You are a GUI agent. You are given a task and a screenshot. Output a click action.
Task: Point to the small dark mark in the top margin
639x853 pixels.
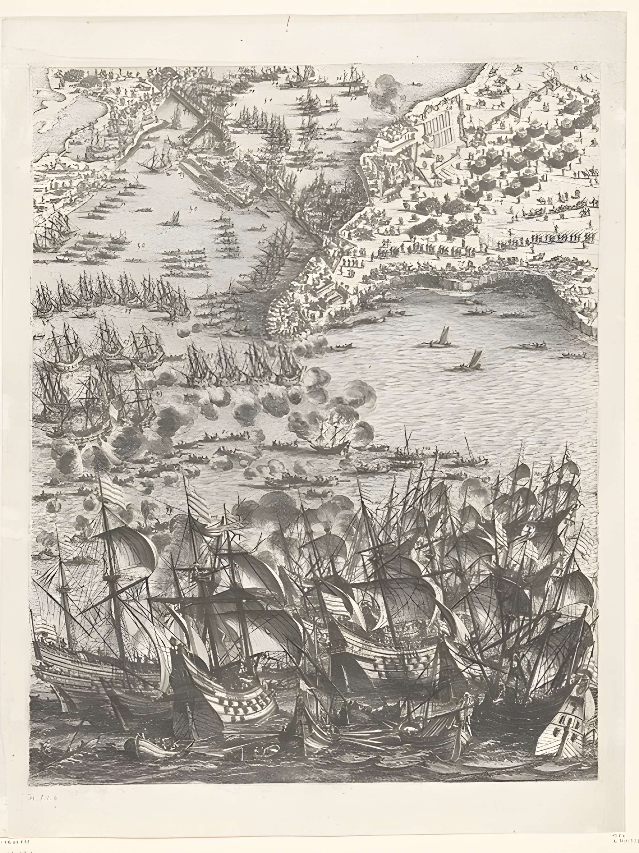coord(288,27)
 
